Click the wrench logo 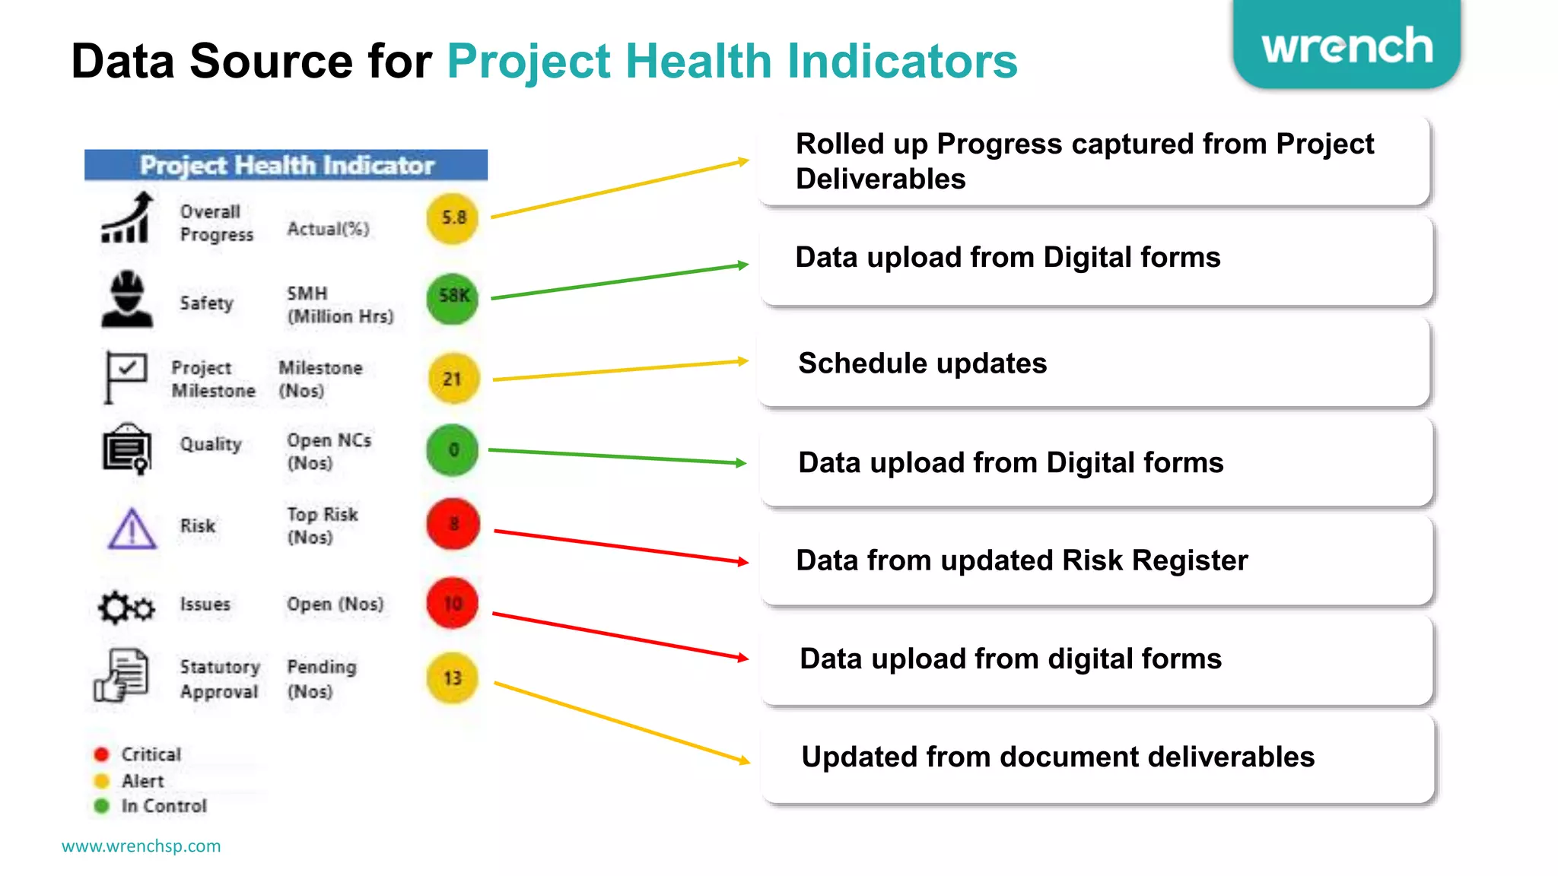[x=1347, y=46]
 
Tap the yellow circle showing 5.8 [x=453, y=218]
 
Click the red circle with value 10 [x=453, y=604]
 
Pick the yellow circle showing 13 [x=453, y=678]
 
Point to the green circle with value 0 [x=453, y=450]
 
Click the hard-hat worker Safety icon [x=127, y=300]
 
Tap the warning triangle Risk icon [x=132, y=529]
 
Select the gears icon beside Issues [x=126, y=608]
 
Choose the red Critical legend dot [x=101, y=754]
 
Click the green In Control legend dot [x=101, y=806]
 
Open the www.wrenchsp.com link [x=141, y=846]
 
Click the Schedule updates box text [x=922, y=363]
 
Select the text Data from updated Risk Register [x=1021, y=561]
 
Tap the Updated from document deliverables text [x=1057, y=757]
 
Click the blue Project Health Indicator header [x=286, y=165]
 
